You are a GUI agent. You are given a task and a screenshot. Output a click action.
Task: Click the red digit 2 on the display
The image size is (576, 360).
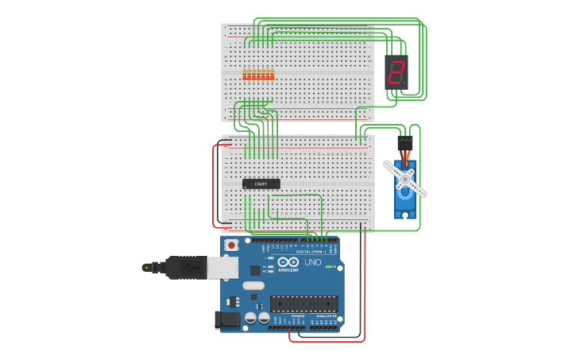[396, 72]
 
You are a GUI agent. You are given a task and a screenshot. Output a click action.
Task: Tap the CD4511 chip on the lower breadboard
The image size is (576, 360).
[261, 184]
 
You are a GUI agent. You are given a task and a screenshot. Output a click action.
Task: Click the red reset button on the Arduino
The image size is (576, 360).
[231, 245]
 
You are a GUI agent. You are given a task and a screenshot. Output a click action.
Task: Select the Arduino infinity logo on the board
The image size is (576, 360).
[288, 262]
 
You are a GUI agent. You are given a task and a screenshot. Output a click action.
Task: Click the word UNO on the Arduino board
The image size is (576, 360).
[312, 262]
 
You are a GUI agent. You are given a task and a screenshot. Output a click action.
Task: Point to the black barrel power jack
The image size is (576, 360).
[227, 320]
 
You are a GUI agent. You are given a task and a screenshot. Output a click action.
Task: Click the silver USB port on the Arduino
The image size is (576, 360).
[222, 267]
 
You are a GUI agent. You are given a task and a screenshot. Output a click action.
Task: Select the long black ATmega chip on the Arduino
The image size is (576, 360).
[303, 303]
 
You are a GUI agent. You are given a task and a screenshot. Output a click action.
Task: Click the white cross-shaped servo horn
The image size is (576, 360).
[405, 179]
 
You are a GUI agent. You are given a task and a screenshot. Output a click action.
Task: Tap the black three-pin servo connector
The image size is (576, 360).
[405, 142]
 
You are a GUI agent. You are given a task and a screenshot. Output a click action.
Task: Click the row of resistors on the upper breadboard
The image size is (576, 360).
[258, 75]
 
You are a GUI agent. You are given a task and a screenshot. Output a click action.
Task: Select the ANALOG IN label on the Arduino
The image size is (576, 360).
[324, 316]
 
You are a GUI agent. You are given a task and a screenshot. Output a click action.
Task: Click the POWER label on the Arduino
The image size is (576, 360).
[297, 316]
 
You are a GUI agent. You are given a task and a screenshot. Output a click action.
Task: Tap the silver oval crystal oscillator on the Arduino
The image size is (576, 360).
[253, 285]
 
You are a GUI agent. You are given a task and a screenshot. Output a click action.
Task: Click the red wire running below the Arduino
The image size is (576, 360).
[326, 341]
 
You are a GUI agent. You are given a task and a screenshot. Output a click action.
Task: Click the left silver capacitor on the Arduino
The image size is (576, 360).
[250, 318]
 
